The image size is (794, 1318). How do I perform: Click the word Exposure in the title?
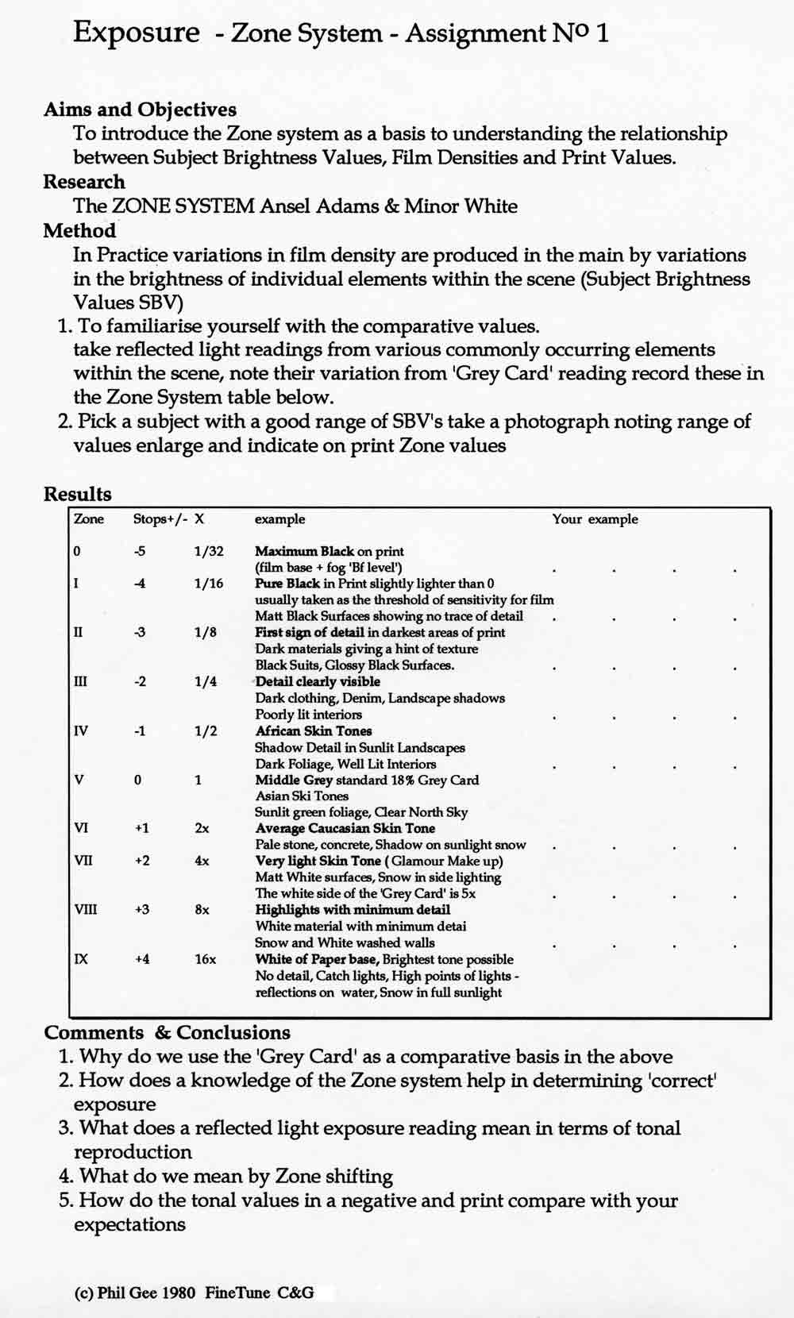(136, 33)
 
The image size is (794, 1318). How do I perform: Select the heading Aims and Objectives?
(140, 110)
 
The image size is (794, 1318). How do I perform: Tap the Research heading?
(84, 182)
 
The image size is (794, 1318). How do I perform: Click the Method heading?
(79, 231)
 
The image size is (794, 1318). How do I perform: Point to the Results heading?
(77, 494)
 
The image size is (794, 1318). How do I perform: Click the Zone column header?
(89, 519)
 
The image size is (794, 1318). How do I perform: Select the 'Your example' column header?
(595, 519)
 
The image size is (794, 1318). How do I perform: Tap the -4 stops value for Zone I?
(140, 584)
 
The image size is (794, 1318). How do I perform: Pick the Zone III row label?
(80, 681)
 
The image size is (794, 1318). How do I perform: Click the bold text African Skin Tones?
(313, 730)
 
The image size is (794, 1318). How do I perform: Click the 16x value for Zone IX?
(205, 959)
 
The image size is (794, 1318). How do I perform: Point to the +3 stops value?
(141, 910)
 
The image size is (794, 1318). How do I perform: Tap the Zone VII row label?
(83, 861)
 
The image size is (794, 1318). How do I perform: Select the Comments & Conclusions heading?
(168, 1032)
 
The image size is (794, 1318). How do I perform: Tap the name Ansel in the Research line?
(283, 206)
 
